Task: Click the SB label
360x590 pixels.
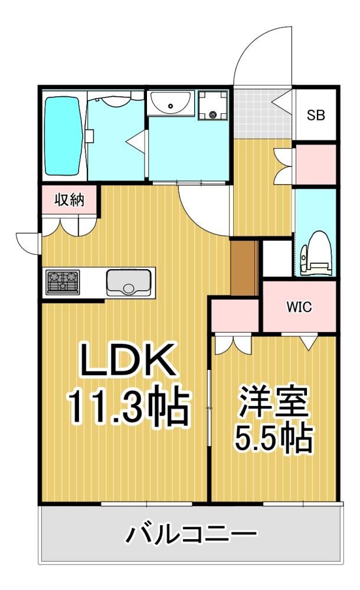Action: [316, 115]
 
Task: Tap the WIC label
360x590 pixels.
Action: [299, 307]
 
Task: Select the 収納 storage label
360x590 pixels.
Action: [70, 200]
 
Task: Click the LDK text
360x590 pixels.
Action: [128, 359]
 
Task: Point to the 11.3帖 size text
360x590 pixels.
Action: [127, 405]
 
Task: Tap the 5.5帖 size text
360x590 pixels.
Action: [274, 438]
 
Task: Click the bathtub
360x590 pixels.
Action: [63, 136]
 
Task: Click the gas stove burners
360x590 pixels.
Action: [63, 282]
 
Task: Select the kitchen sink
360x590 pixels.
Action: [129, 283]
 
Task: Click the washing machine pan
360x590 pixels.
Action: [213, 105]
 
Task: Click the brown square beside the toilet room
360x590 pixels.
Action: [244, 268]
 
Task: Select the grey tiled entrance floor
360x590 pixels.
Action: [263, 114]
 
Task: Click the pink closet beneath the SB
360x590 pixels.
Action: [316, 165]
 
